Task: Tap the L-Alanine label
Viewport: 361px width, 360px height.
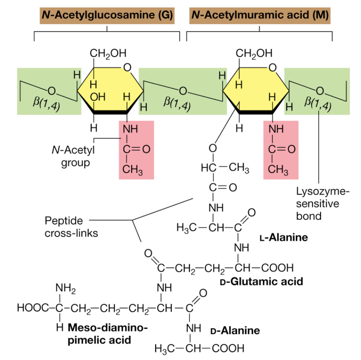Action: pos(284,237)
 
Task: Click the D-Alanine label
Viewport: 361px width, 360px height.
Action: pos(235,331)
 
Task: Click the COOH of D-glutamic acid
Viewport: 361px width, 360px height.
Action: pos(276,267)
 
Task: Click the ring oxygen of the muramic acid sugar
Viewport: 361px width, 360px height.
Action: pos(273,67)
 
